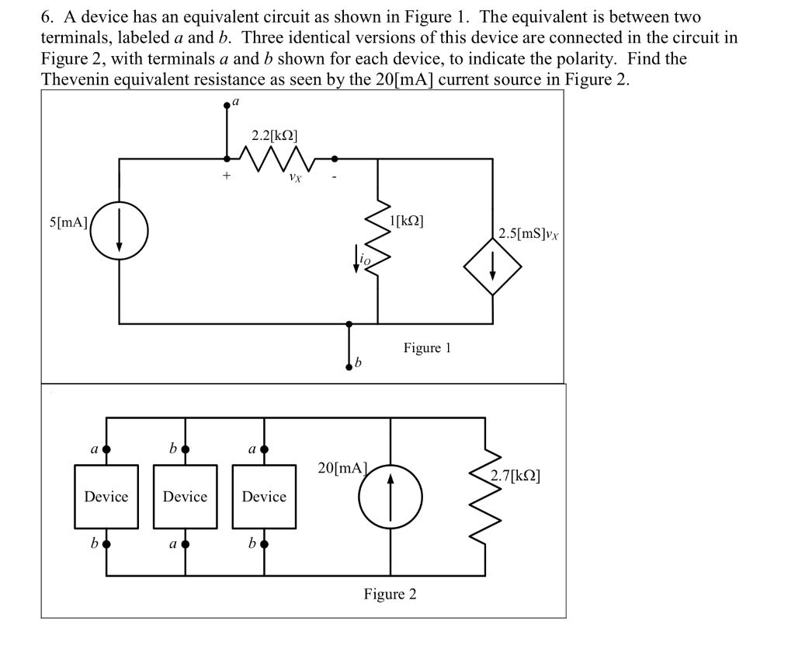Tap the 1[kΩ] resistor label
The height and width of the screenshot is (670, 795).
click(x=407, y=220)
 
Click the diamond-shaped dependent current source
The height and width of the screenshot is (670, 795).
click(x=492, y=266)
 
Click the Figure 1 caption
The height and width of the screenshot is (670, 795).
click(x=427, y=347)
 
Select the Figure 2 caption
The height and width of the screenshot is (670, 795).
click(x=390, y=595)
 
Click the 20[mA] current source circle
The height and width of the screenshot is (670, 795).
click(x=390, y=496)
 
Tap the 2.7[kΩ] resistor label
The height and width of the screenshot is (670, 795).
click(x=515, y=475)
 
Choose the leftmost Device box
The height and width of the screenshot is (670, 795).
click(x=106, y=497)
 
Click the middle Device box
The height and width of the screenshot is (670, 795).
click(x=186, y=497)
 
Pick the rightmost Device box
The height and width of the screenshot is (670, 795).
click(x=265, y=497)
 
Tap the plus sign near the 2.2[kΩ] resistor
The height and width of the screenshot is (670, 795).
click(x=227, y=176)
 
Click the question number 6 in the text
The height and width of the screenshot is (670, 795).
click(x=46, y=17)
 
